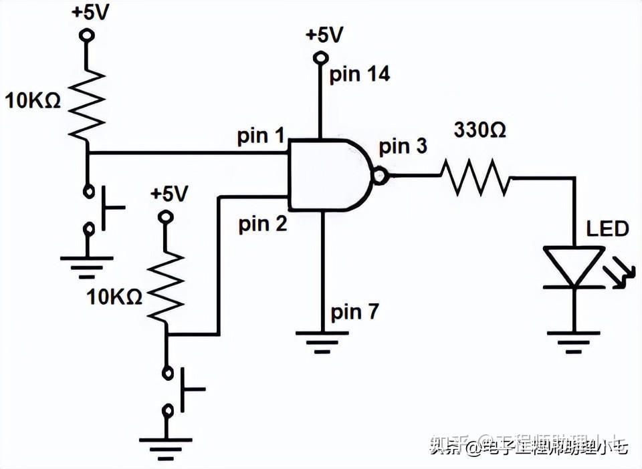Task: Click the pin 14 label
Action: pos(360,73)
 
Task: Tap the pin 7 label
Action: pos(355,311)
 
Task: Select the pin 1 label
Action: pos(261,136)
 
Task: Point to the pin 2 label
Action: pos(263,224)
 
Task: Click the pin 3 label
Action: pos(403,146)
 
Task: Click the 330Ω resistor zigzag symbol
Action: pos(475,177)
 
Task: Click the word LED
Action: pos(607,229)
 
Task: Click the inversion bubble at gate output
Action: pos(380,176)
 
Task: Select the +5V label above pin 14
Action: pos(324,35)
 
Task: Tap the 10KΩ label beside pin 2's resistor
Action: pos(114,297)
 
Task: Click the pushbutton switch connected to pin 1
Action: pos(100,208)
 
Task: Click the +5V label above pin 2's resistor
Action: pos(170,194)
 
